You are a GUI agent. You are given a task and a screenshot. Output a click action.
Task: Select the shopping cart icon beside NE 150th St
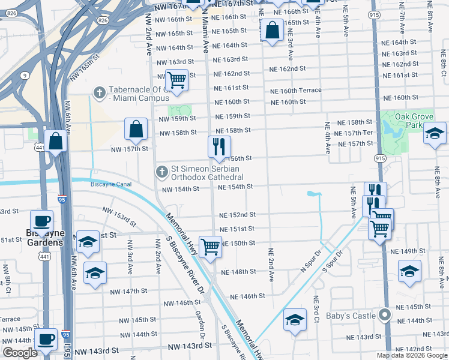pos(210,246)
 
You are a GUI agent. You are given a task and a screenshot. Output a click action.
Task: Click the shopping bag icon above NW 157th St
pos(136,128)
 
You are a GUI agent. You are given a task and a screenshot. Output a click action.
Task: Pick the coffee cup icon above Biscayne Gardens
pos(41,220)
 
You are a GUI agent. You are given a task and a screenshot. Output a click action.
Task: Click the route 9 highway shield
pos(25,76)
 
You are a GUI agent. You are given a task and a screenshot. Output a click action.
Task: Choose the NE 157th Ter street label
pos(360,133)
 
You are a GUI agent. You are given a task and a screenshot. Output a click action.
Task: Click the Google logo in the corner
pos(20,353)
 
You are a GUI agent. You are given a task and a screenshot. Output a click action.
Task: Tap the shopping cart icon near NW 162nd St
pos(176,79)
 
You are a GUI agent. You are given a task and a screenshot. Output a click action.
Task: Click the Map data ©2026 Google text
pos(412,355)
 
